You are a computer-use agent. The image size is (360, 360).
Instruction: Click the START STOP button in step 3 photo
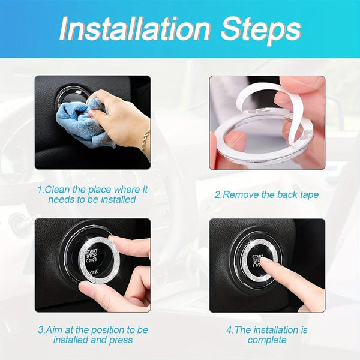click(91, 259)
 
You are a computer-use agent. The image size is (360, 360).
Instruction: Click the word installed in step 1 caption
click(114, 199)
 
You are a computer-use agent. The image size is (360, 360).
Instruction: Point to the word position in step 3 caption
click(101, 331)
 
